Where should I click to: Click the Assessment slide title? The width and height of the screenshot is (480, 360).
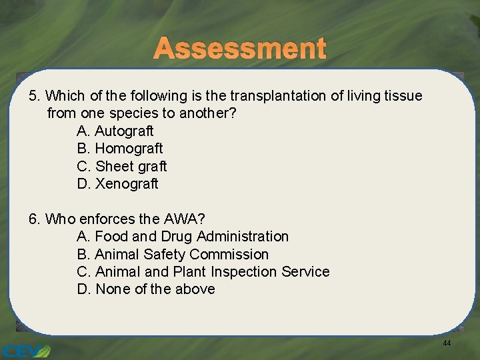240,49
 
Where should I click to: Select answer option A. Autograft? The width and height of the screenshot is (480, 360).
115,131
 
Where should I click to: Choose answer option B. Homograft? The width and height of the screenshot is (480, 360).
120,148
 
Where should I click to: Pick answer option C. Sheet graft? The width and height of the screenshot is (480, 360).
122,166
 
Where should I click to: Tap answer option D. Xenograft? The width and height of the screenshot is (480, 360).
118,183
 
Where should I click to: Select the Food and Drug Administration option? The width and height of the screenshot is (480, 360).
183,236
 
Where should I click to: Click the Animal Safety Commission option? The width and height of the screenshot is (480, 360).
173,254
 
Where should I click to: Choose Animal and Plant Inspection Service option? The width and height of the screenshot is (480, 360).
203,271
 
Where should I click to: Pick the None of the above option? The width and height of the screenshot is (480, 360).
146,289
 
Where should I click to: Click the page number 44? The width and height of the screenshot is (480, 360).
447,343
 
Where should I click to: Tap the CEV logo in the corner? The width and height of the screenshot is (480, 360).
25,350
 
